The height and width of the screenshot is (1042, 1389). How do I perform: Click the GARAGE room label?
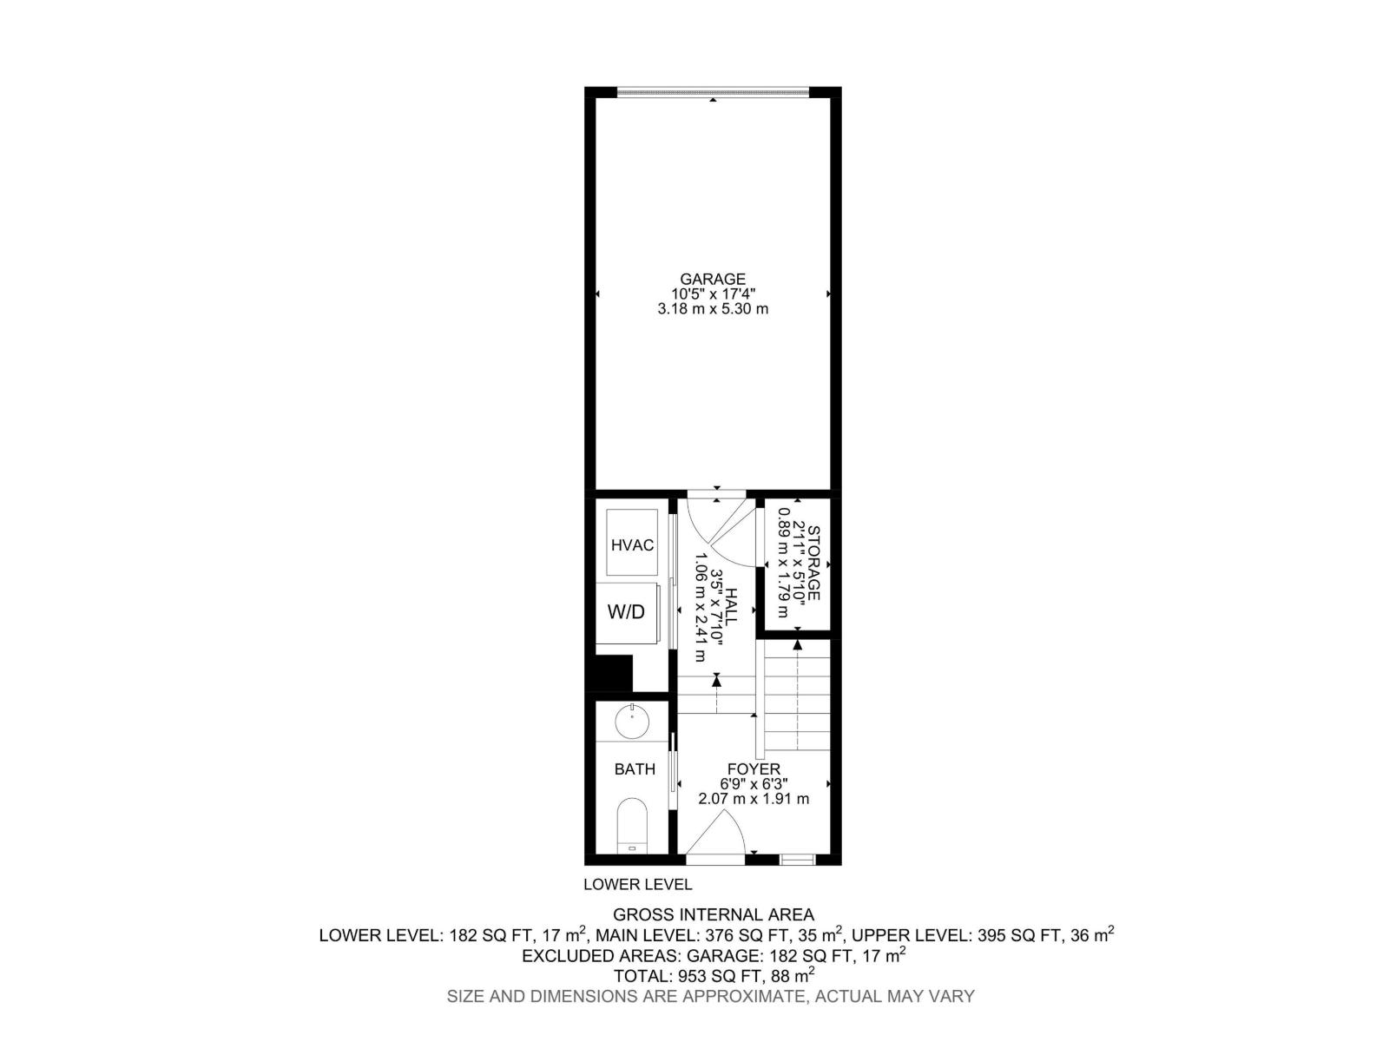(712, 279)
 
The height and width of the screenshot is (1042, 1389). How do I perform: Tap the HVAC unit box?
(632, 544)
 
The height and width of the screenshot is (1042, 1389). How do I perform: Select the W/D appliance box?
(627, 612)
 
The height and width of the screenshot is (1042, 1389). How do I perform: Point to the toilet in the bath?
(632, 825)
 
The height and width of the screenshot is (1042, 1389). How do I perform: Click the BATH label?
(635, 769)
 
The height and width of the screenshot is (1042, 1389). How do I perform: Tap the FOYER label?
(754, 768)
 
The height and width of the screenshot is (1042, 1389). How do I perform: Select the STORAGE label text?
(813, 564)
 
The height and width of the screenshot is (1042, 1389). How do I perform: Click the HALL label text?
(731, 608)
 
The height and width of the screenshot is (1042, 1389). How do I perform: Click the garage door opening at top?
(713, 90)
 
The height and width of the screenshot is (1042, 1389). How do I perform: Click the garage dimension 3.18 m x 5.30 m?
(713, 308)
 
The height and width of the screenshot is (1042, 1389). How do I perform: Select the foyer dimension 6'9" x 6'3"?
(754, 783)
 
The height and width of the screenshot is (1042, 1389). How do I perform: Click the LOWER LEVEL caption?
(637, 885)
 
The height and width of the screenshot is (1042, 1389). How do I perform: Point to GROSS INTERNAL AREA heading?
(714, 914)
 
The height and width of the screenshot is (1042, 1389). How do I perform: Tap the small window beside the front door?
(797, 860)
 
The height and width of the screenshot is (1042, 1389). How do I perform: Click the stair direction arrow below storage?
(797, 643)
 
